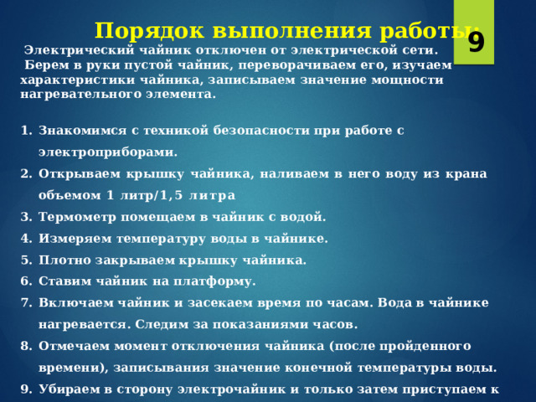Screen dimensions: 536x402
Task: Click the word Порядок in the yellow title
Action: [x=149, y=31]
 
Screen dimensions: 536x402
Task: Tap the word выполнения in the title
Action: [x=291, y=31]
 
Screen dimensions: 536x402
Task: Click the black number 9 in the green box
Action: [x=477, y=43]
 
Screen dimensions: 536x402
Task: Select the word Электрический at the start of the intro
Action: [x=79, y=50]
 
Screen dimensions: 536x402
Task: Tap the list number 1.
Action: [x=26, y=131]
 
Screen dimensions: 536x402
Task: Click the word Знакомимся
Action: [x=82, y=131]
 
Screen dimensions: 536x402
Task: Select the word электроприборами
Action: [x=108, y=152]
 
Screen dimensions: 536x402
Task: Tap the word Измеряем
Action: [x=75, y=239]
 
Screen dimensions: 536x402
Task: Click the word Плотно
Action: [x=64, y=260]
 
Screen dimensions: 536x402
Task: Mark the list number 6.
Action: [x=26, y=281]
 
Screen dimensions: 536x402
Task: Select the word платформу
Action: [x=214, y=281]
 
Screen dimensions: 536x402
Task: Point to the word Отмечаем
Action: [x=75, y=346]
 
